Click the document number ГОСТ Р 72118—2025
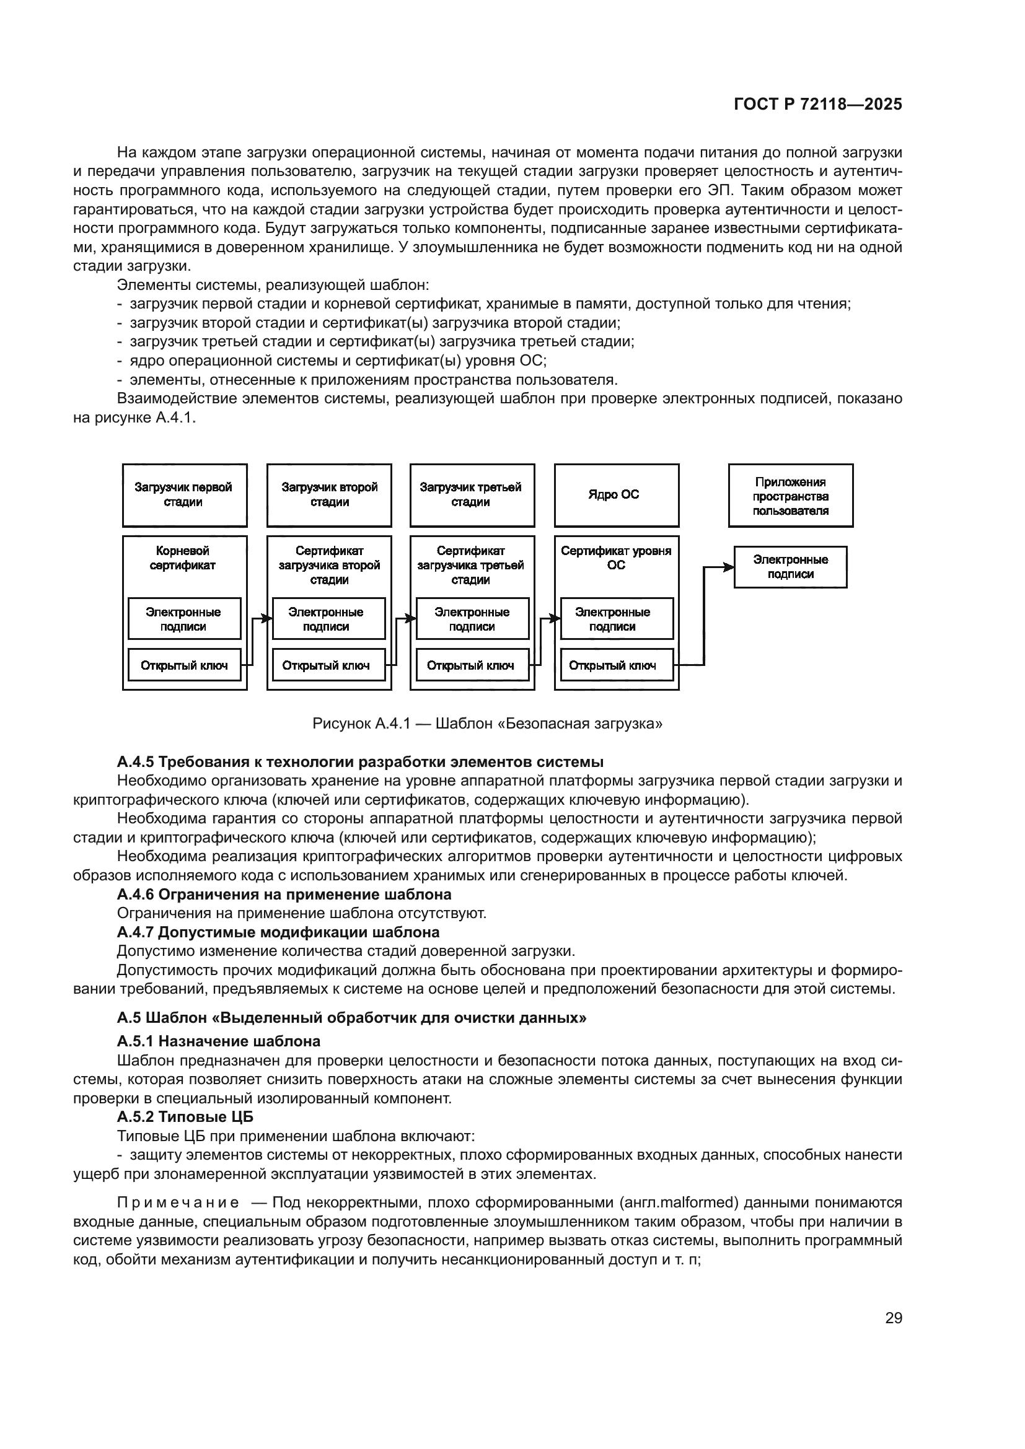(818, 104)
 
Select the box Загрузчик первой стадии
(184, 495)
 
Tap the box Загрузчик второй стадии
(329, 495)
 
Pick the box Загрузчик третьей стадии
(472, 495)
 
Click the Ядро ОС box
(616, 495)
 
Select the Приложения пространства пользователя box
(790, 496)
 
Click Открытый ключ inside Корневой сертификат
(184, 665)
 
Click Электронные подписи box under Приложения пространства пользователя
(790, 567)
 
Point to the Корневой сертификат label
(183, 558)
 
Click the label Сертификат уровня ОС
(616, 558)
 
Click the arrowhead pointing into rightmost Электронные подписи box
(729, 567)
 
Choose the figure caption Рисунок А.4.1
(487, 723)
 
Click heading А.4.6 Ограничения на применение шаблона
(284, 895)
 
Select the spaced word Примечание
(178, 1202)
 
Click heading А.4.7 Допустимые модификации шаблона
(278, 932)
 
